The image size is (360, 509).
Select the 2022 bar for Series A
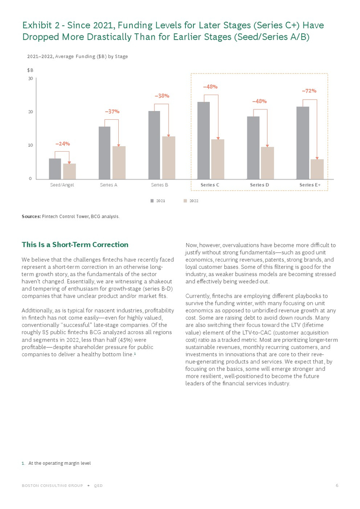119,162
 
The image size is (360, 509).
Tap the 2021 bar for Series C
204,140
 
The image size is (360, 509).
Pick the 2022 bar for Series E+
317,169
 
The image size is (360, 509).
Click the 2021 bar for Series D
253,148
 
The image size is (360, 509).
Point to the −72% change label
309,91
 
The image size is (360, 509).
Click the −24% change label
62,144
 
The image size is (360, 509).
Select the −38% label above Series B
162,96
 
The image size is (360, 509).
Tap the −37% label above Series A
112,112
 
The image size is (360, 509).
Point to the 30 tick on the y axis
30,79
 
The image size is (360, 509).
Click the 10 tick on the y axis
30,146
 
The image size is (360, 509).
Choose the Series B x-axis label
159,185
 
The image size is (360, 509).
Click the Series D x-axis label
260,185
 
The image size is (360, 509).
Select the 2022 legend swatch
185,201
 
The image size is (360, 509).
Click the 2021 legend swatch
152,201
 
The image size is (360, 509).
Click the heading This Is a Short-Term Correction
75,245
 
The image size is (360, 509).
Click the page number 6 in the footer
337,486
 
